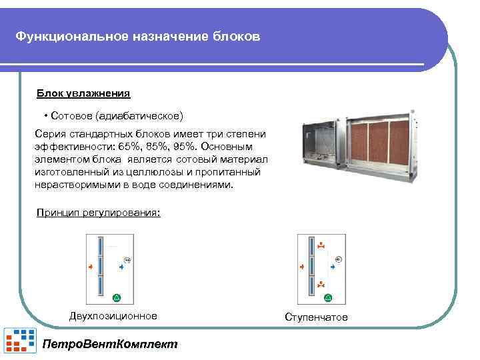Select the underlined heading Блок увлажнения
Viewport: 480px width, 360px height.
click(83, 94)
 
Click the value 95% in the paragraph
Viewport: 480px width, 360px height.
click(181, 145)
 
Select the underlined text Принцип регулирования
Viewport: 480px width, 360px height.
click(99, 213)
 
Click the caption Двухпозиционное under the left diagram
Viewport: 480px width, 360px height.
click(113, 316)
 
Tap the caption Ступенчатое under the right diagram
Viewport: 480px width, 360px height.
click(316, 317)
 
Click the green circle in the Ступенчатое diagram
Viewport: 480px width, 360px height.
click(326, 296)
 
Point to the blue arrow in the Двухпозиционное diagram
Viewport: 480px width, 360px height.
click(121, 267)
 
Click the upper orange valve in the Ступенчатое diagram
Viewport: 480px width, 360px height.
click(321, 245)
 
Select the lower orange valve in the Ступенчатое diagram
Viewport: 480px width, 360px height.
click(321, 285)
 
